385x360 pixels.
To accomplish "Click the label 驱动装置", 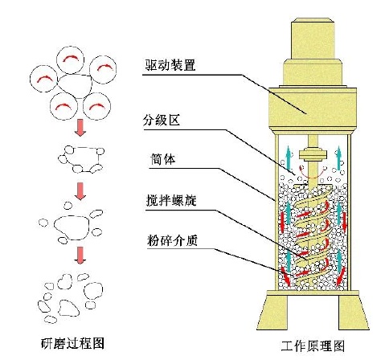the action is [170, 65].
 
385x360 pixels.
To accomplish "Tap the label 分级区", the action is [162, 121].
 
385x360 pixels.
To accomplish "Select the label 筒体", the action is [163, 159].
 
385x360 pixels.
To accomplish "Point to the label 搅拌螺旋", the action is [171, 200].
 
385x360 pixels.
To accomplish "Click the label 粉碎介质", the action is [173, 240].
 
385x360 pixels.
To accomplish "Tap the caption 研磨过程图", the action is [72, 343].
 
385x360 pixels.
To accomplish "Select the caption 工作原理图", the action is [313, 346].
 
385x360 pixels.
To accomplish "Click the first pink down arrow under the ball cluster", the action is [80, 128].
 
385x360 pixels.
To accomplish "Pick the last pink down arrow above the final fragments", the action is [80, 255].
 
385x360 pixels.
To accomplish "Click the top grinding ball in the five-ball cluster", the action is [71, 59].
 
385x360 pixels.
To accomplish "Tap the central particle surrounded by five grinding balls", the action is [75, 86].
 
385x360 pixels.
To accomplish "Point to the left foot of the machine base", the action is [273, 313].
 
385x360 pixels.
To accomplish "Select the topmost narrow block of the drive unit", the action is [313, 39].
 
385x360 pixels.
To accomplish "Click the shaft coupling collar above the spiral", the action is [313, 155].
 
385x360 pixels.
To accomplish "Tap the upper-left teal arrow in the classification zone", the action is [288, 158].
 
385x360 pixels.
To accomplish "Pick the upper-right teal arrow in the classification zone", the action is [338, 158].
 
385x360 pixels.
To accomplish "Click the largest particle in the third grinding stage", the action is [72, 227].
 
